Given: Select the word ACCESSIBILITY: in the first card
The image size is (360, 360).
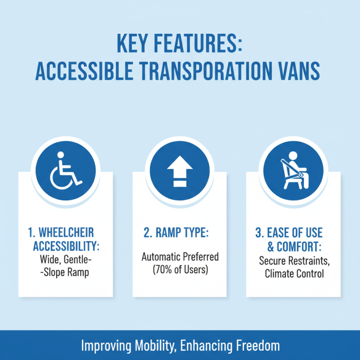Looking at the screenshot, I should [66, 247].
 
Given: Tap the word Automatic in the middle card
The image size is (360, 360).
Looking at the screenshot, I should [161, 257].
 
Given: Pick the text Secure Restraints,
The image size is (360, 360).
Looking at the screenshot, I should [293, 260].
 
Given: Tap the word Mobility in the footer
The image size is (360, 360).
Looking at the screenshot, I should [149, 346].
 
